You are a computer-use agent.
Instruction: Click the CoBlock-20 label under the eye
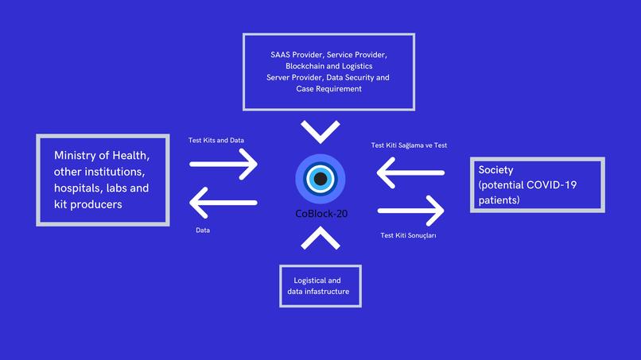pos(320,214)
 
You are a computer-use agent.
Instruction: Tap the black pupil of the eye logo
pos(320,179)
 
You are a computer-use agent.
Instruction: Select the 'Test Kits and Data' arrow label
pos(216,141)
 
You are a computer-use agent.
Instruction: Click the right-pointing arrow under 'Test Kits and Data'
pos(224,165)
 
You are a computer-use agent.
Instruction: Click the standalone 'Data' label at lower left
pos(203,230)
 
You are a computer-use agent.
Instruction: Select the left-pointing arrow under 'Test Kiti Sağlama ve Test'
pos(410,172)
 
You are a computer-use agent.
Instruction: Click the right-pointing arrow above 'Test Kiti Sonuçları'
pos(411,211)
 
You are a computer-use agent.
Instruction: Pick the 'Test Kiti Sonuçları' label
pos(409,236)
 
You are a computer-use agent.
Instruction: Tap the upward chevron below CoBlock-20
pos(320,238)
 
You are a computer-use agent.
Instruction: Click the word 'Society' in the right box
pos(495,170)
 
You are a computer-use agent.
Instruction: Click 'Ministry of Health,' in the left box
pos(101,155)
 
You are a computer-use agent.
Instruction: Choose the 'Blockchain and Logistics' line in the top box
pos(328,66)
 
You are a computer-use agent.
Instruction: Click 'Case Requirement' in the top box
pos(328,89)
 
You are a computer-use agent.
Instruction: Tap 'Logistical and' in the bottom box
pos(317,281)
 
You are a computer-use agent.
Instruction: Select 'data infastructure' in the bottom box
pos(318,292)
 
